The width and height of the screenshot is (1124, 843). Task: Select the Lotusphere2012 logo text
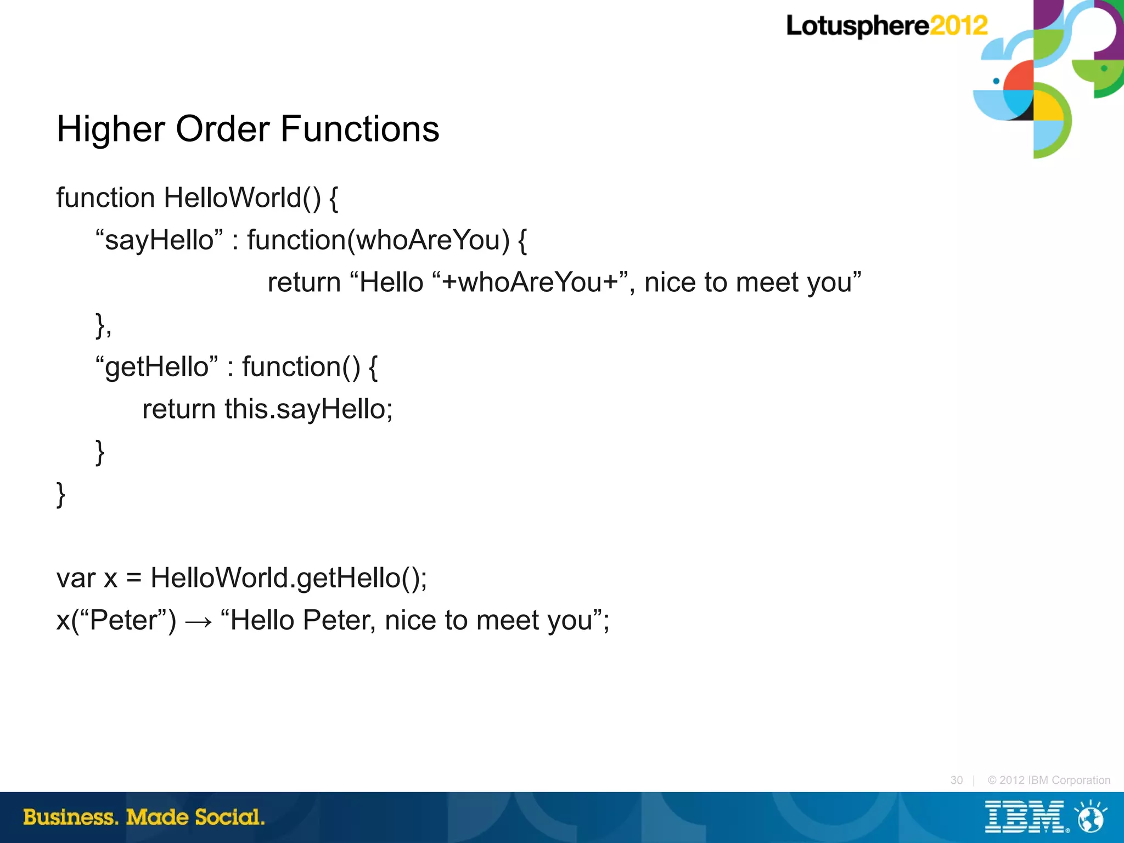[x=886, y=26]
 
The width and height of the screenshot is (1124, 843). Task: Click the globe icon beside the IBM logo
[x=1091, y=817]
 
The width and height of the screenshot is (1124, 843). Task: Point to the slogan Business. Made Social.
[x=144, y=817]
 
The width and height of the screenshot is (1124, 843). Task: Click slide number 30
[x=956, y=780]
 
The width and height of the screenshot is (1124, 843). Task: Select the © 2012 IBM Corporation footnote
[x=1048, y=780]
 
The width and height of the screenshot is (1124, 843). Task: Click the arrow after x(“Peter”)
[x=198, y=621]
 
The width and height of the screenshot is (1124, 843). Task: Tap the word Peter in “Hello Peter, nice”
[x=339, y=620]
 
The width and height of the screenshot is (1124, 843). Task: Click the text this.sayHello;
[x=308, y=409]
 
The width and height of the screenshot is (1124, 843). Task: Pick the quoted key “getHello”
[x=156, y=367]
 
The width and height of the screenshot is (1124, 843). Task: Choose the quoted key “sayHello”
[x=159, y=240]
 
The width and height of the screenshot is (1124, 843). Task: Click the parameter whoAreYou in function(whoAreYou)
[x=432, y=240]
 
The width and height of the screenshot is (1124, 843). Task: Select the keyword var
[x=76, y=578]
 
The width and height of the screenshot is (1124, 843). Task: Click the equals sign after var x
[x=134, y=578]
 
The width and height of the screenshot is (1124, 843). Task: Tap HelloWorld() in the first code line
[x=242, y=198]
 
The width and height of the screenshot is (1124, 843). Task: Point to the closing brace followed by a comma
[x=103, y=325]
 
